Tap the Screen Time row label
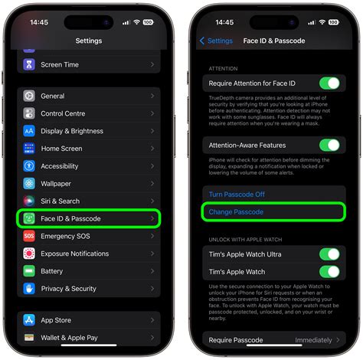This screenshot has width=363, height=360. pyautogui.click(x=60, y=64)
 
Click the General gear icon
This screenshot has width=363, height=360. pyautogui.click(x=29, y=96)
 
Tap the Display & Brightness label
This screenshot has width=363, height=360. pyautogui.click(x=72, y=131)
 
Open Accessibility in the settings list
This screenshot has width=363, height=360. pyautogui.click(x=60, y=166)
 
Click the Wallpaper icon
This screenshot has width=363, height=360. pyautogui.click(x=29, y=184)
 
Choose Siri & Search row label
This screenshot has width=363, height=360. pyautogui.click(x=60, y=201)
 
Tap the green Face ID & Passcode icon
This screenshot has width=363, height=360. pyautogui.click(x=29, y=219)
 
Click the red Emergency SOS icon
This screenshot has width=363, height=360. pyautogui.click(x=29, y=236)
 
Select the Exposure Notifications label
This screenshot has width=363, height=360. pyautogui.click(x=75, y=254)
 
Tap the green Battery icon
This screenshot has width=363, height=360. pyautogui.click(x=29, y=271)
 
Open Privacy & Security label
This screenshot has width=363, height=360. pyautogui.click(x=69, y=289)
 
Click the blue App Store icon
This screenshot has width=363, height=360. pyautogui.click(x=29, y=320)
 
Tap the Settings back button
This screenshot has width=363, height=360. pyautogui.click(x=216, y=41)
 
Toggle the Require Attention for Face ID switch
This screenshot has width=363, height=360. pyautogui.click(x=329, y=83)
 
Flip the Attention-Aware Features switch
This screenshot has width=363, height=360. pyautogui.click(x=329, y=145)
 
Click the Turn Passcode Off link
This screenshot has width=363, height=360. pyautogui.click(x=237, y=195)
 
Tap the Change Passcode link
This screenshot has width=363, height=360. pyautogui.click(x=236, y=211)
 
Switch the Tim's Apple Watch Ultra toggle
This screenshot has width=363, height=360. pyautogui.click(x=329, y=254)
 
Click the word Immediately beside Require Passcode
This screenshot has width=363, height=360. pyautogui.click(x=314, y=340)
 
